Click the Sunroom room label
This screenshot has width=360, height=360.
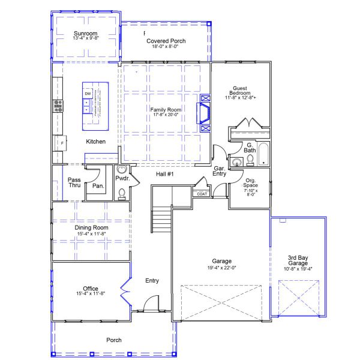85,33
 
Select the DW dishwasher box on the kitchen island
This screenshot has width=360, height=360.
88,94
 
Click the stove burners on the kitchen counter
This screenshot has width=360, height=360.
59,106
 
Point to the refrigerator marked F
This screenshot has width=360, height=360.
60,145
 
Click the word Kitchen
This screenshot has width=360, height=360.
95,142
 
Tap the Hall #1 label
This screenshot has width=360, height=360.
165,174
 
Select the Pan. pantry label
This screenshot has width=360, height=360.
98,186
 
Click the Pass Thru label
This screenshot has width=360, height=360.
74,183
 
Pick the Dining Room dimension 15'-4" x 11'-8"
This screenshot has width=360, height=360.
91,235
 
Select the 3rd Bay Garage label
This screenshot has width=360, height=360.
297,260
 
